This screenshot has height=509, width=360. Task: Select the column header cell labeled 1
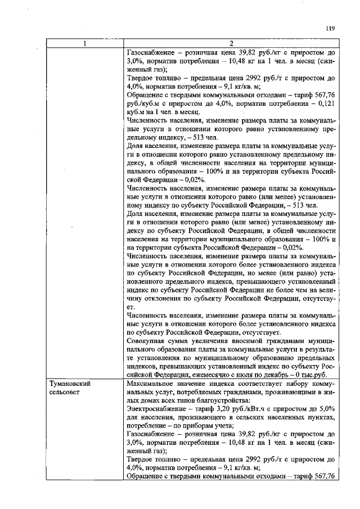click(x=85, y=44)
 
